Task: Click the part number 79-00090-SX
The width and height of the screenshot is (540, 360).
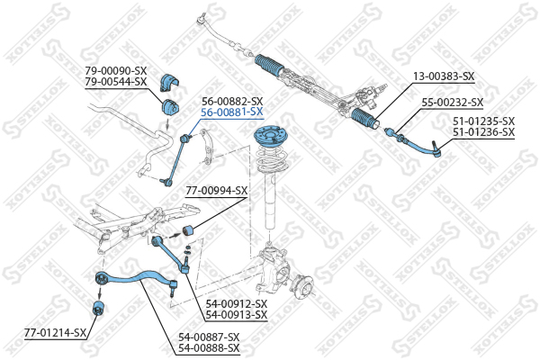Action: (x=116, y=71)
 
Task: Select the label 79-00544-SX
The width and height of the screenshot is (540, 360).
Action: (x=116, y=82)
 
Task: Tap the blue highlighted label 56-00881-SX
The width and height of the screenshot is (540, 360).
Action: (x=232, y=112)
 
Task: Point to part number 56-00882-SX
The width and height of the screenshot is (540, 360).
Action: (x=232, y=102)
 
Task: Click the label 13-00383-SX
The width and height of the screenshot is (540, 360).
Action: (x=444, y=76)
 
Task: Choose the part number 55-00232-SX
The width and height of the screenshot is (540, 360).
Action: (x=453, y=103)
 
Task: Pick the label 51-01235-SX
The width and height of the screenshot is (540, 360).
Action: (x=484, y=121)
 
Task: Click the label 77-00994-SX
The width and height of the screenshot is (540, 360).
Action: (x=217, y=191)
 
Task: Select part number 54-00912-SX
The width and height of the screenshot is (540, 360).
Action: (x=237, y=304)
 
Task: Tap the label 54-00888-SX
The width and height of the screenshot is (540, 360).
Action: (x=209, y=348)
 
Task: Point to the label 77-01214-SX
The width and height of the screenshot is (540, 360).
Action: (x=55, y=333)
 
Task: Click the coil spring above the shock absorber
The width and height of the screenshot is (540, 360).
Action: (x=271, y=159)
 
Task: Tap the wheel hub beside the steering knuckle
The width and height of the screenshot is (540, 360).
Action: (x=302, y=285)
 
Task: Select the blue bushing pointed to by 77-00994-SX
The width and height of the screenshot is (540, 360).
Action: (x=188, y=229)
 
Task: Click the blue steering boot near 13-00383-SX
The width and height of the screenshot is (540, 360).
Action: (x=364, y=118)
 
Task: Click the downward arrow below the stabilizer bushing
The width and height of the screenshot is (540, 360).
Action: (x=167, y=123)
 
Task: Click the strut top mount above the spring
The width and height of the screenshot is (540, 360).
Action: (x=270, y=135)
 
